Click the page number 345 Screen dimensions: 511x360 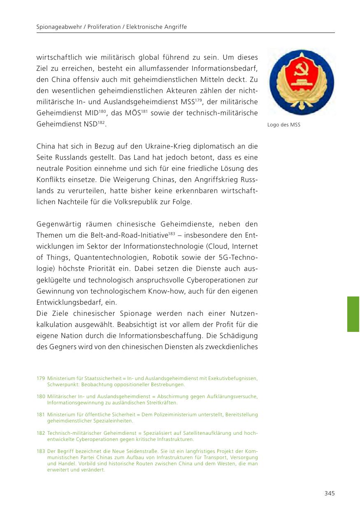pos(329,493)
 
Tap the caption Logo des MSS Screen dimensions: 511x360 pos(284,125)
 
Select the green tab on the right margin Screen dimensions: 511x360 pos(353,314)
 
